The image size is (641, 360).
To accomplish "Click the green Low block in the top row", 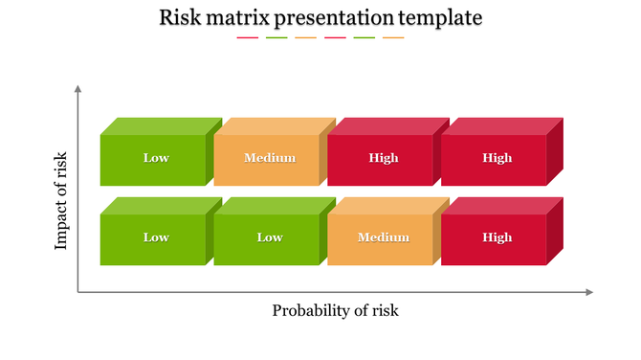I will (x=153, y=159).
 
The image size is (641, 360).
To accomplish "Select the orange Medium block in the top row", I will (x=267, y=159).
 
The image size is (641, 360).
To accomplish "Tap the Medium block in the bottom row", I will (x=381, y=238).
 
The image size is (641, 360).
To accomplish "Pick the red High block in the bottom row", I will (x=495, y=238).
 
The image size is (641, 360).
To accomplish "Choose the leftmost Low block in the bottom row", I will (x=153, y=238).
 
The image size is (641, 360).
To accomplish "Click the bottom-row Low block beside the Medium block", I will (x=267, y=238).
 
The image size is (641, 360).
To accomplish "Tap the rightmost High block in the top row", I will (x=495, y=159).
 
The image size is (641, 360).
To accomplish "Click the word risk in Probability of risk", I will (x=384, y=310).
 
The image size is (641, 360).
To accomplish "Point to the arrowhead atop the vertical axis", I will (x=77, y=89).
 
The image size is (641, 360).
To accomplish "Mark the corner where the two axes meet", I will (x=77, y=292).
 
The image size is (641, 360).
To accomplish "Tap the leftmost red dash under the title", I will (x=247, y=38).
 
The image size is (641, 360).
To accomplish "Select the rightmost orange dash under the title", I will (x=393, y=38).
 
